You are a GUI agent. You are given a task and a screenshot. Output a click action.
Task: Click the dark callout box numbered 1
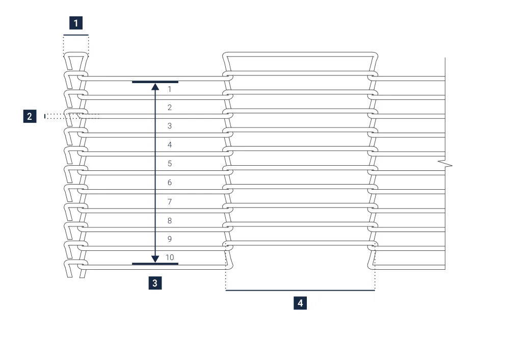pos(76,23)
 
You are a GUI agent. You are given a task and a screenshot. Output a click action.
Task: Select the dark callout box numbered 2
pos(30,116)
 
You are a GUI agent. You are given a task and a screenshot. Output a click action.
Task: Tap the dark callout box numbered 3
pos(155,283)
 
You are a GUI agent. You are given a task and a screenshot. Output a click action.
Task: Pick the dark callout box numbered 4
pos(300,303)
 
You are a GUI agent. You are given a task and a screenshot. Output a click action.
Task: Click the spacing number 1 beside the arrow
pos(169,89)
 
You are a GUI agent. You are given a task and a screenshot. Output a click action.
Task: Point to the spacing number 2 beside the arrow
pos(169,108)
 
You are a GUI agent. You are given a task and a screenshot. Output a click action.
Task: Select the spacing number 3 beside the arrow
pos(169,126)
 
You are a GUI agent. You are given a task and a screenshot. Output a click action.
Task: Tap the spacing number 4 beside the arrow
pos(169,145)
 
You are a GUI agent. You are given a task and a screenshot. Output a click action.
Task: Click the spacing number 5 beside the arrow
pos(169,164)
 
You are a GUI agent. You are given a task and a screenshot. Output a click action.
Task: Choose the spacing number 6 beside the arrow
pos(169,183)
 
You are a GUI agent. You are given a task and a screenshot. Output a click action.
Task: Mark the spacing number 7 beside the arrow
pos(169,202)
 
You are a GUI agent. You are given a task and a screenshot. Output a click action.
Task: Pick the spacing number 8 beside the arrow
pos(169,221)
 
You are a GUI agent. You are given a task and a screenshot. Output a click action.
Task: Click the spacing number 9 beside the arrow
pos(169,239)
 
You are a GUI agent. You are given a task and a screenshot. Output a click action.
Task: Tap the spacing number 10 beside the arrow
pos(170,258)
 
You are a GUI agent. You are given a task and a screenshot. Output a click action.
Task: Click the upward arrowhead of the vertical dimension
pos(155,87)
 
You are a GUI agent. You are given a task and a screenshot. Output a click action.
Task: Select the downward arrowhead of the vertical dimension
pos(155,259)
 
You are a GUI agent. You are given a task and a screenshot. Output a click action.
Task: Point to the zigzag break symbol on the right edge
pos(445,164)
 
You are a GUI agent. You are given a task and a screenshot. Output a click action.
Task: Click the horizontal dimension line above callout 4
pos(300,290)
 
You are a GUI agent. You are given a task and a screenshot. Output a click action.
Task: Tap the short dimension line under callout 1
pos(76,35)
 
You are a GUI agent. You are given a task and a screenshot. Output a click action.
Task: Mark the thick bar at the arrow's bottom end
pos(155,264)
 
